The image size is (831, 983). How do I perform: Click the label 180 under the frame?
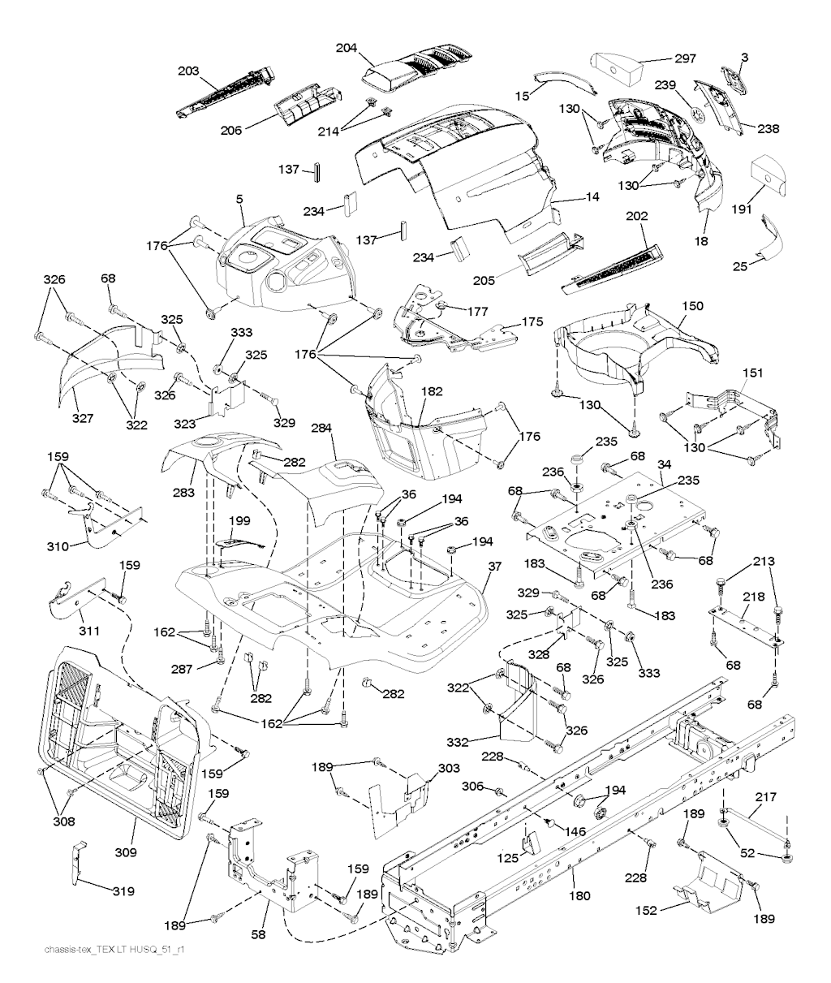pos(580,896)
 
